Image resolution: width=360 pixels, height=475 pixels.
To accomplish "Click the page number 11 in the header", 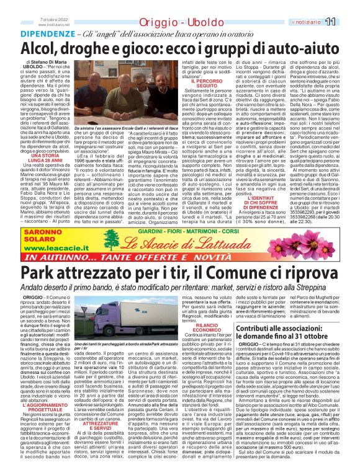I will (347, 22).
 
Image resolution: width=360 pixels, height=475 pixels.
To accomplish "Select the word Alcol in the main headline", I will (44, 49).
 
